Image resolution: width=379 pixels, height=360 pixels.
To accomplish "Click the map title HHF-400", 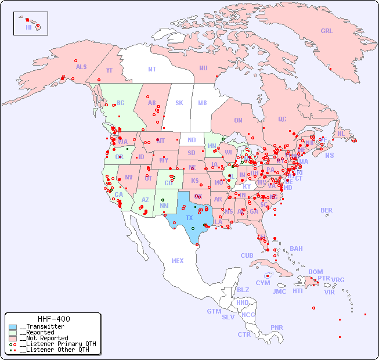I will (x=54, y=319).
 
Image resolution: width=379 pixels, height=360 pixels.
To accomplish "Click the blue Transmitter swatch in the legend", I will (x=13, y=327).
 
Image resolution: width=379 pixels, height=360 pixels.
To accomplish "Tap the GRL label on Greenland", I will (x=327, y=31).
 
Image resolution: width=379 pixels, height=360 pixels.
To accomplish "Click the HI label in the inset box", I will (x=28, y=27).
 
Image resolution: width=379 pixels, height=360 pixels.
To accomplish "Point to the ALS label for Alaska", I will (x=81, y=67).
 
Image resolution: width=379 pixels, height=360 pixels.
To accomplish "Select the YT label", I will (x=109, y=70).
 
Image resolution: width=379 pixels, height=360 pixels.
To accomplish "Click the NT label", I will (x=152, y=69).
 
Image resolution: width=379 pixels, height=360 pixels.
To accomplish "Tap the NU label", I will (x=203, y=68).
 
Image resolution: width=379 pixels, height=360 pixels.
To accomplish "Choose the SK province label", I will (x=179, y=103).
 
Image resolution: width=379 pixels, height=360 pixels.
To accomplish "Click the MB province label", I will (x=203, y=103).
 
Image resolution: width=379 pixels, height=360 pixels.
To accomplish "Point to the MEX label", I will (x=178, y=261).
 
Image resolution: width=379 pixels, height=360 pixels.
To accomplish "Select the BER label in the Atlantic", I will (x=326, y=210).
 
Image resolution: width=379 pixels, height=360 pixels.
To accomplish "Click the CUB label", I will (x=247, y=255).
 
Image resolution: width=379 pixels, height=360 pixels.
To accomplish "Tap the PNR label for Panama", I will (x=277, y=327).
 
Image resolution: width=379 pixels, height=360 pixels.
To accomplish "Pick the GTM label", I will (x=214, y=311).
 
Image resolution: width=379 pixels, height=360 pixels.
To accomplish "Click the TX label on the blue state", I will (x=189, y=218).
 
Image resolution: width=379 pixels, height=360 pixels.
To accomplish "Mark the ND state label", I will (x=192, y=140).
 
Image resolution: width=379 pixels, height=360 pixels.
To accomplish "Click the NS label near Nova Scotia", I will (x=329, y=155).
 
